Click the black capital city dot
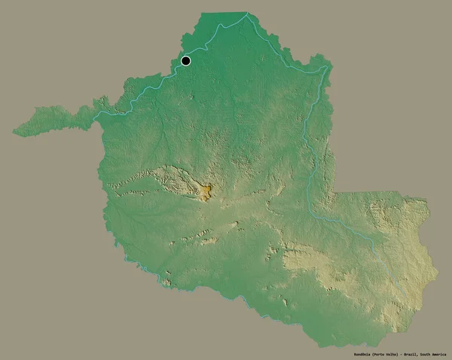pos(185,61)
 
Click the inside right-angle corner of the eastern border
pos(331,192)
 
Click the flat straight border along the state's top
pos(226,13)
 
